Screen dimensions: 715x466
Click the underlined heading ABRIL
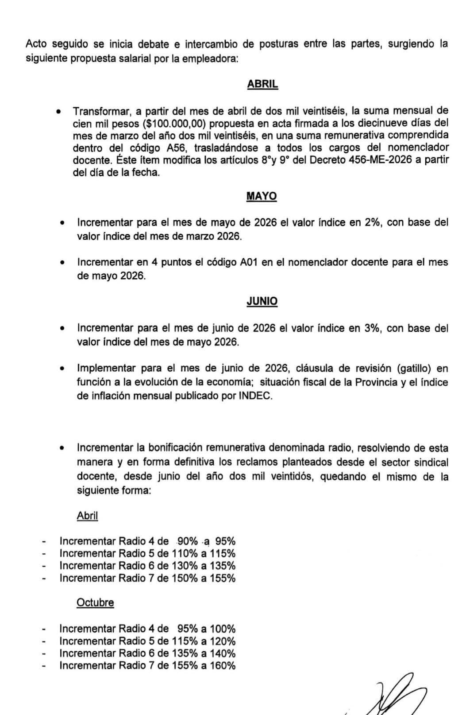coord(262,84)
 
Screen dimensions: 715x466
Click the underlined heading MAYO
coord(262,196)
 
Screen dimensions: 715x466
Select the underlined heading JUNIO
coord(262,301)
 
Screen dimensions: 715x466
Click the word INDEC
coord(255,396)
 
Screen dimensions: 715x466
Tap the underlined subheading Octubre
coord(95,602)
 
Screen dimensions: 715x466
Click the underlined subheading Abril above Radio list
coord(87,515)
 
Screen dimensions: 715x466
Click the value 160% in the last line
coord(223,665)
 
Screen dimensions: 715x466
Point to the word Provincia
coord(376,382)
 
